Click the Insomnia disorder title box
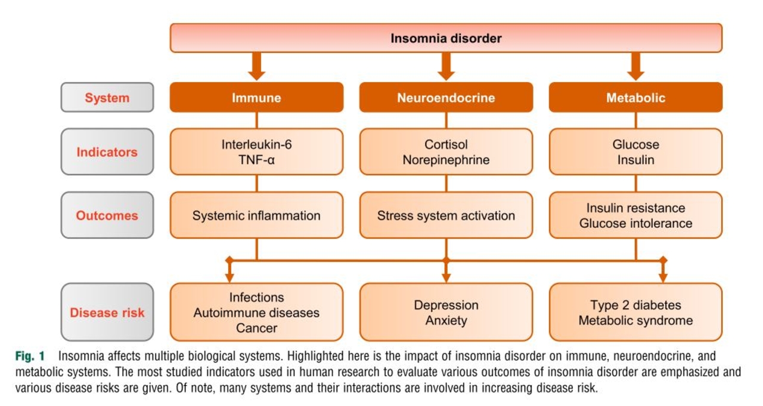[446, 38]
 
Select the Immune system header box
[256, 98]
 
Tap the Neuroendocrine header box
[446, 98]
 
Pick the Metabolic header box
[635, 98]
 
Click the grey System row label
[107, 98]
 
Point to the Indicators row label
[107, 152]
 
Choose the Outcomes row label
[107, 215]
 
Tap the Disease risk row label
[107, 312]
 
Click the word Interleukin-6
[256, 144]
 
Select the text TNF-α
[256, 160]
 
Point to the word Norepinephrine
[446, 160]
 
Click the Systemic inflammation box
[256, 215]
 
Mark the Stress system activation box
[446, 215]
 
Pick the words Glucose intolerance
[635, 224]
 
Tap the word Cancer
[256, 328]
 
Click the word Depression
[446, 305]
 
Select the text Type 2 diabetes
[635, 305]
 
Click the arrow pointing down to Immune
[256, 66]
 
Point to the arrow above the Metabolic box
[635, 66]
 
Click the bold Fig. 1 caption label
[30, 357]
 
